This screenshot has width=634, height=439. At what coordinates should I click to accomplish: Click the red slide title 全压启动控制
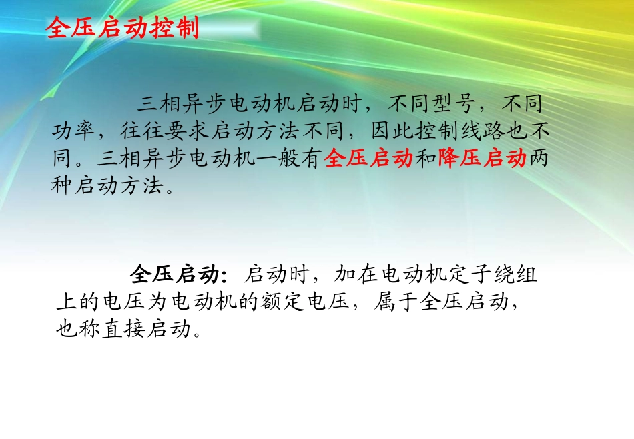click(x=122, y=29)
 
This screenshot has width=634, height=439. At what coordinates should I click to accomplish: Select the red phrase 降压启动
click(x=483, y=159)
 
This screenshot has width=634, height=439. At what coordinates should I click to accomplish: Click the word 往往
click(x=142, y=132)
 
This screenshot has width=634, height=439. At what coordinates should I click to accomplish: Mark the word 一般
click(x=278, y=159)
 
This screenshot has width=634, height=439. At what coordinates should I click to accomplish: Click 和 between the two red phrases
click(x=426, y=159)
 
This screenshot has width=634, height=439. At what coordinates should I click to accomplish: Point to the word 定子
click(x=471, y=274)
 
